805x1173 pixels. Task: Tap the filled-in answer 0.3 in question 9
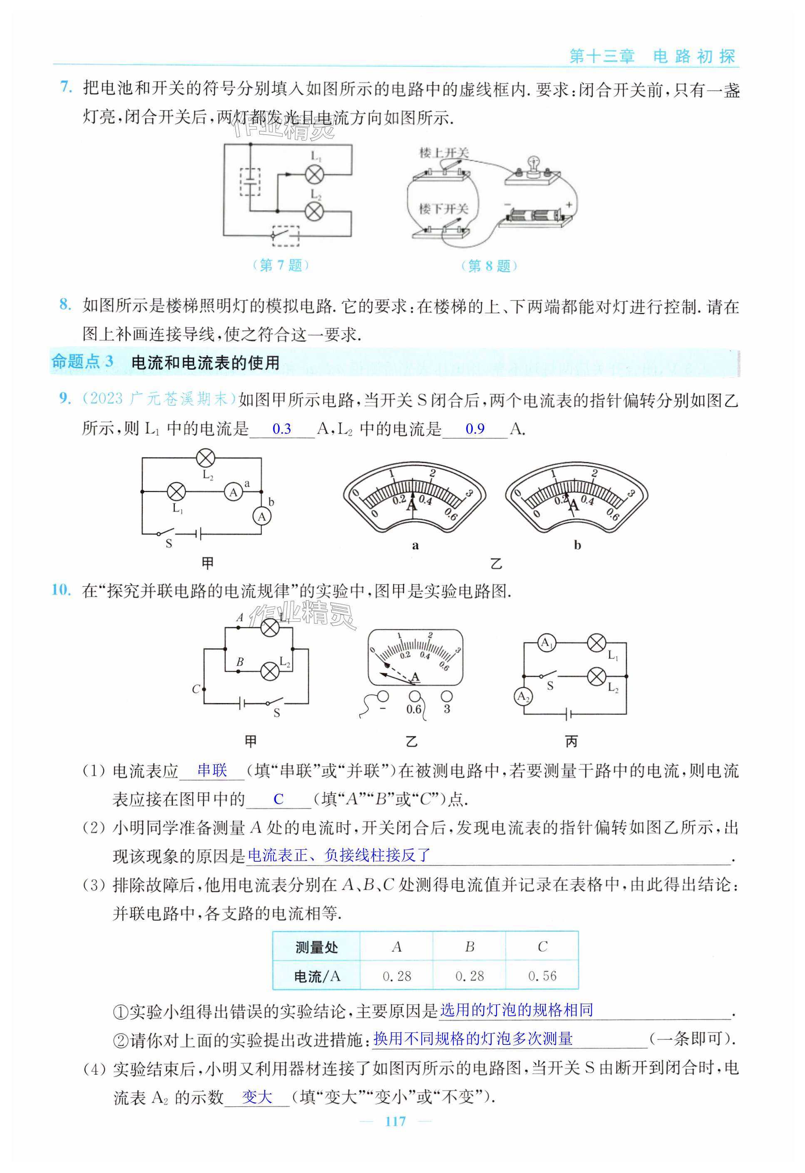tap(281, 429)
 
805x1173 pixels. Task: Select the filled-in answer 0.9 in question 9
tap(475, 429)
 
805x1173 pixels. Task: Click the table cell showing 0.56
tap(542, 976)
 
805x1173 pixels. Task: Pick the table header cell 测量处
tap(317, 947)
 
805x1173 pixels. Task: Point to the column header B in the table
tap(469, 947)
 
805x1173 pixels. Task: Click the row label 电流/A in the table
tap(317, 977)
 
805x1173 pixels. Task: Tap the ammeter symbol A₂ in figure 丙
tap(523, 697)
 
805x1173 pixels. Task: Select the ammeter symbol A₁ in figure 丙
tap(547, 643)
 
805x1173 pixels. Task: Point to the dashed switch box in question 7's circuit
tap(286, 235)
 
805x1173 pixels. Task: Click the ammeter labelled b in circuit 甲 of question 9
tap(261, 516)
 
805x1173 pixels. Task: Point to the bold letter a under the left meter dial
tap(415, 545)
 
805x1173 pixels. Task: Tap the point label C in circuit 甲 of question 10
tap(196, 689)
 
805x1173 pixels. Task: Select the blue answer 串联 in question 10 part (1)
tap(212, 771)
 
